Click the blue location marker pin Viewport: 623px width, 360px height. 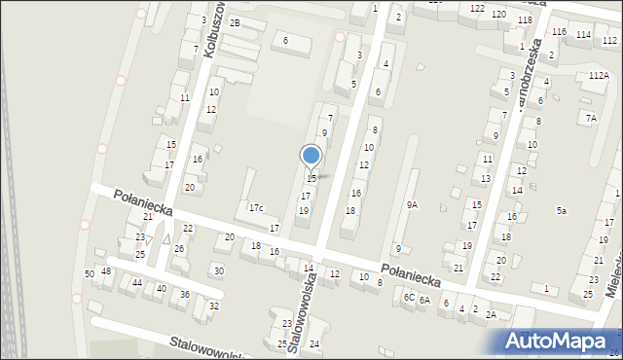pos(311,156)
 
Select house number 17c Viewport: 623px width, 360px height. pos(255,208)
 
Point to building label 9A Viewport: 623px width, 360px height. pos(413,205)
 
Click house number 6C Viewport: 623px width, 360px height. pos(410,298)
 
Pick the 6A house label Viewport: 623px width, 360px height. pos(424,301)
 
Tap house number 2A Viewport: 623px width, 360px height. pos(492,314)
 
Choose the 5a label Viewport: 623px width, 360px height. pos(562,211)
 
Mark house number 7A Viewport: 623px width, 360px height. pos(591,118)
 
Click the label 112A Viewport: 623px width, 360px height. pos(599,76)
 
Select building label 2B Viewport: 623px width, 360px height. pos(235,22)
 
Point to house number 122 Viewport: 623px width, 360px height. pos(477,9)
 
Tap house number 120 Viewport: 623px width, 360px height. pos(498,15)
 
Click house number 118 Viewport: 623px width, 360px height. pos(525,20)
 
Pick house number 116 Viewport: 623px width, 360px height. pos(559,33)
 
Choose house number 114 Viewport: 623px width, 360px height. pos(582,36)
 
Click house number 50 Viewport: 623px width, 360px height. pos(90,274)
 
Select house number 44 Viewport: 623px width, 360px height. pos(137,283)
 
